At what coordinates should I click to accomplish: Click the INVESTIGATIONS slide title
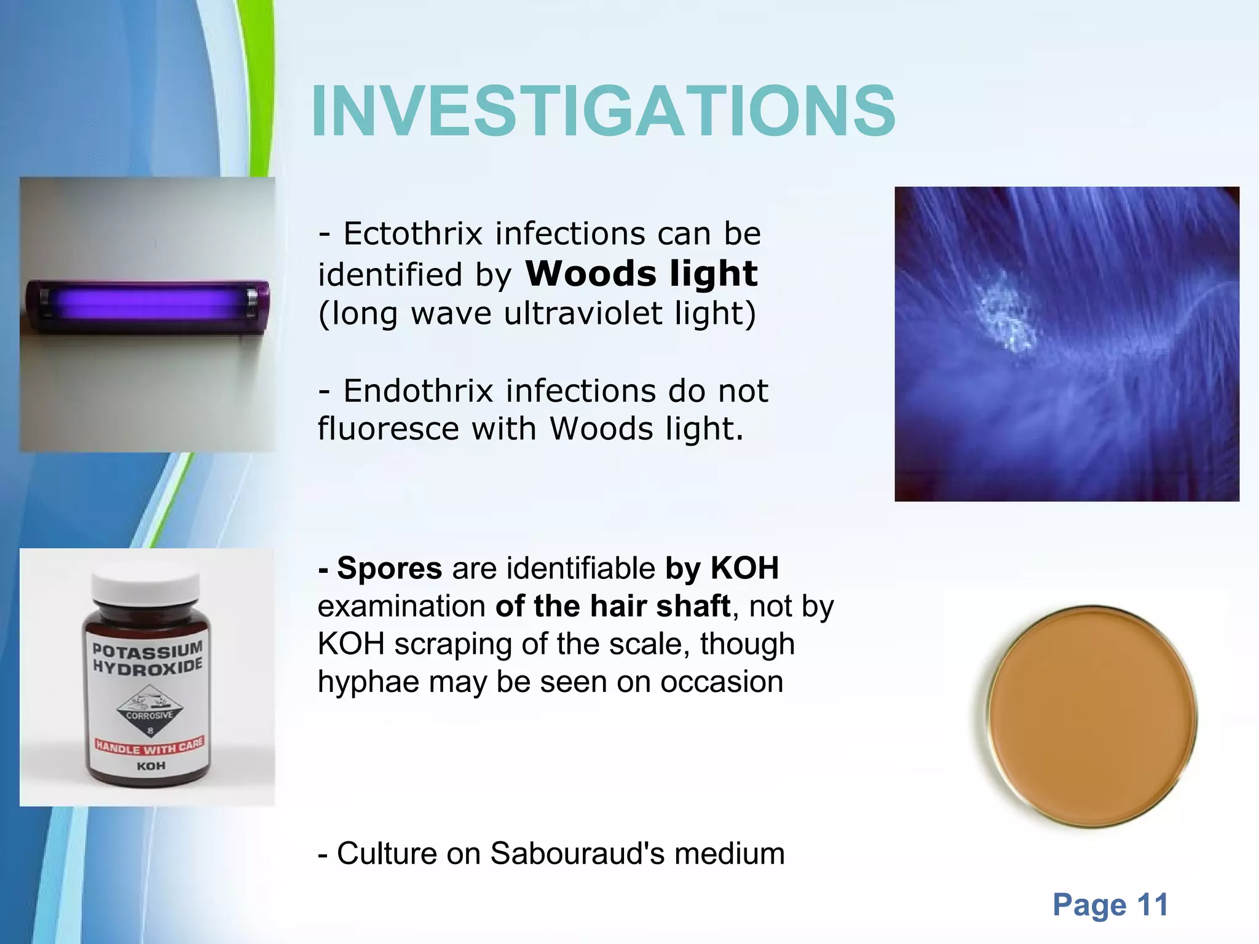point(603,112)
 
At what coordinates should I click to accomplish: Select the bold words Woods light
point(641,273)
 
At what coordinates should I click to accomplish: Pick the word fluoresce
point(388,429)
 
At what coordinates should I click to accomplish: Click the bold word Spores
point(389,568)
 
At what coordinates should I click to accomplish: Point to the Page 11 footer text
point(1110,905)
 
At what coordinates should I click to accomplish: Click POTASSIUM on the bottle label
point(147,648)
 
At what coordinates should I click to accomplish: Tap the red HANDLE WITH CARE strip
point(149,747)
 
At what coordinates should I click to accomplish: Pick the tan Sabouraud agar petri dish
point(1092,717)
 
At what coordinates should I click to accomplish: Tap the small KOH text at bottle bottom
point(151,766)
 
